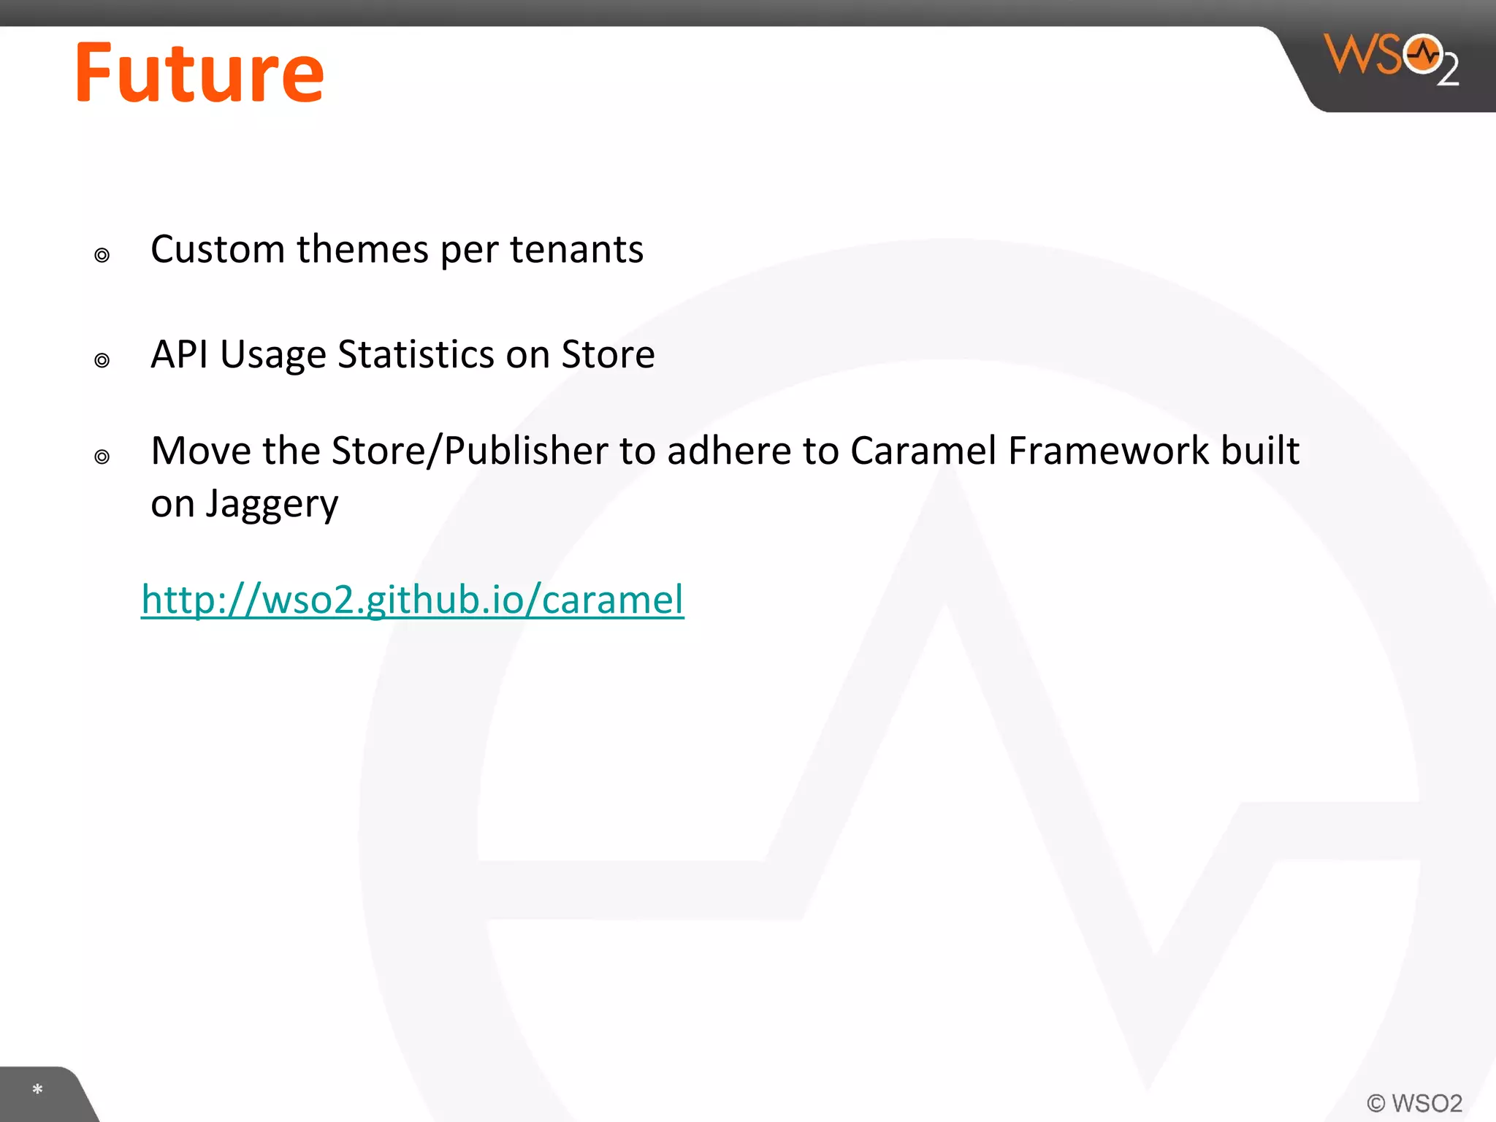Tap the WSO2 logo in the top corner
[x=1390, y=58]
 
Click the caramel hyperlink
[x=413, y=600]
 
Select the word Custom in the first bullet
[x=217, y=250]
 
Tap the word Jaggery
[x=272, y=505]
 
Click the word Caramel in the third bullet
[x=923, y=451]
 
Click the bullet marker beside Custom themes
[x=102, y=256]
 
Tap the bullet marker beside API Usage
[x=102, y=361]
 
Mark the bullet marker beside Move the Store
[x=102, y=457]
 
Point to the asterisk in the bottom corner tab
[x=38, y=1090]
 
